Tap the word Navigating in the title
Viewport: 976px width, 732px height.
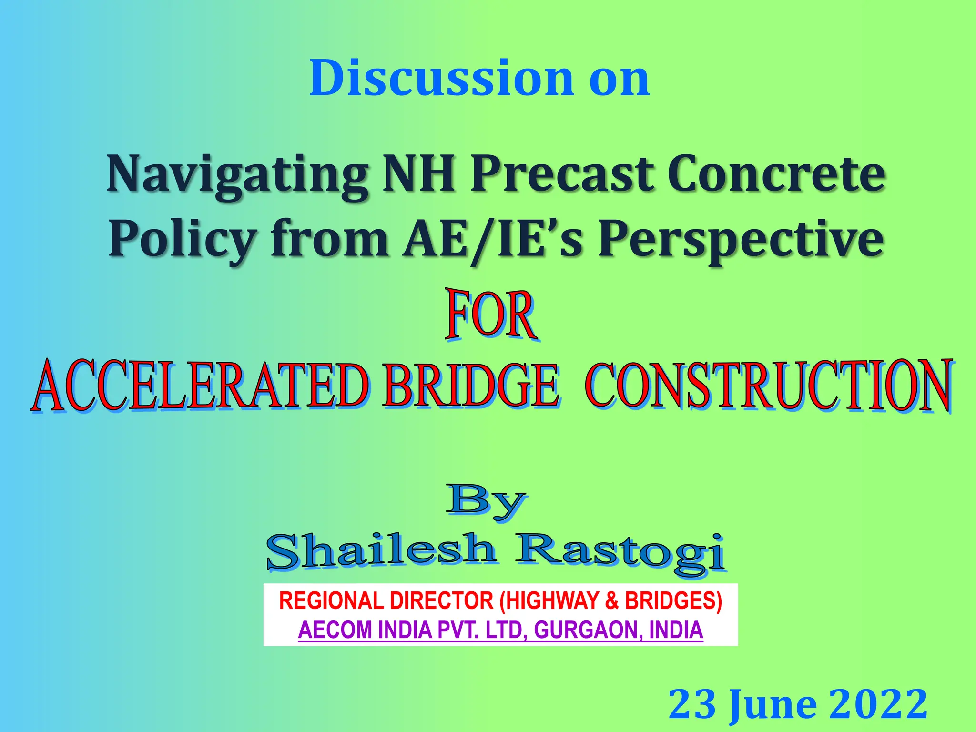click(x=237, y=174)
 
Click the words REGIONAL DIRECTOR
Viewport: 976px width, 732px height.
click(x=386, y=600)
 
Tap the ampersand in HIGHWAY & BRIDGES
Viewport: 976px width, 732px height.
click(x=611, y=600)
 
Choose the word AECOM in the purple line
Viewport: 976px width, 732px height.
click(x=335, y=630)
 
